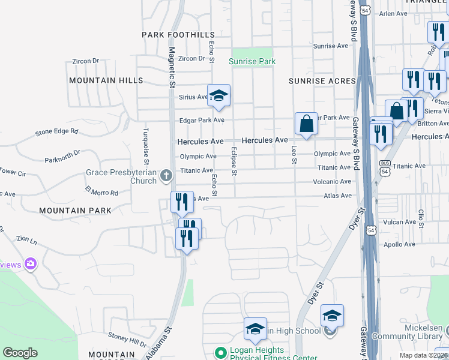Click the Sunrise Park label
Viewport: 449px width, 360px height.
click(252, 61)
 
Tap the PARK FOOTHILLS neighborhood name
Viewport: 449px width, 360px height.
click(178, 35)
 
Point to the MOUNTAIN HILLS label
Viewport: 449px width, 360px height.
click(106, 80)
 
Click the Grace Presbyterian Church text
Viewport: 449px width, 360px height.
click(121, 176)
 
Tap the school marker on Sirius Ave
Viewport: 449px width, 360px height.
click(220, 95)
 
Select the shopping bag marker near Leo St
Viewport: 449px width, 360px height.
click(306, 124)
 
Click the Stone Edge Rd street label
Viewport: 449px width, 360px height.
click(57, 131)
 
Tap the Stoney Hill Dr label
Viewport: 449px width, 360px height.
click(127, 340)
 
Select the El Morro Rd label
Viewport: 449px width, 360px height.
click(101, 193)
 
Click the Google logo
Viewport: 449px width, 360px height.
click(20, 353)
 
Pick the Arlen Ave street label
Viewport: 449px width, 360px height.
click(393, 13)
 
